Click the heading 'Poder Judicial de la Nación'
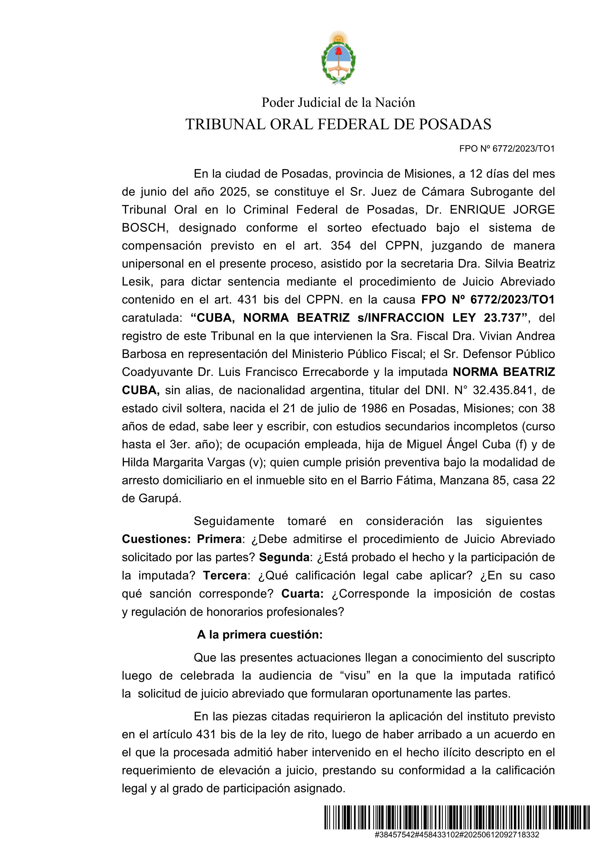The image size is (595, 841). pyautogui.click(x=338, y=103)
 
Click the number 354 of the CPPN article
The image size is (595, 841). pyautogui.click(x=341, y=246)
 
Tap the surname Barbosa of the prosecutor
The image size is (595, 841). pyautogui.click(x=144, y=354)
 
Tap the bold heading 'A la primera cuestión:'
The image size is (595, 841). pyautogui.click(x=260, y=634)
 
